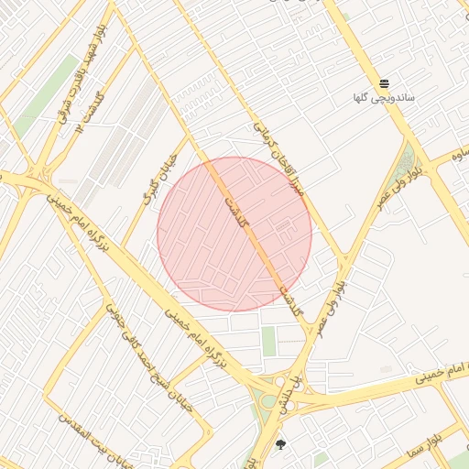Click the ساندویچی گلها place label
click(385, 96)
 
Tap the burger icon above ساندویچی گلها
click(385, 83)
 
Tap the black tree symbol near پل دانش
click(280, 445)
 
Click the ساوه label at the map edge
click(457, 149)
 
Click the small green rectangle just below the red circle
click(269, 341)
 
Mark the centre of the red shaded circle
click(234, 234)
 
